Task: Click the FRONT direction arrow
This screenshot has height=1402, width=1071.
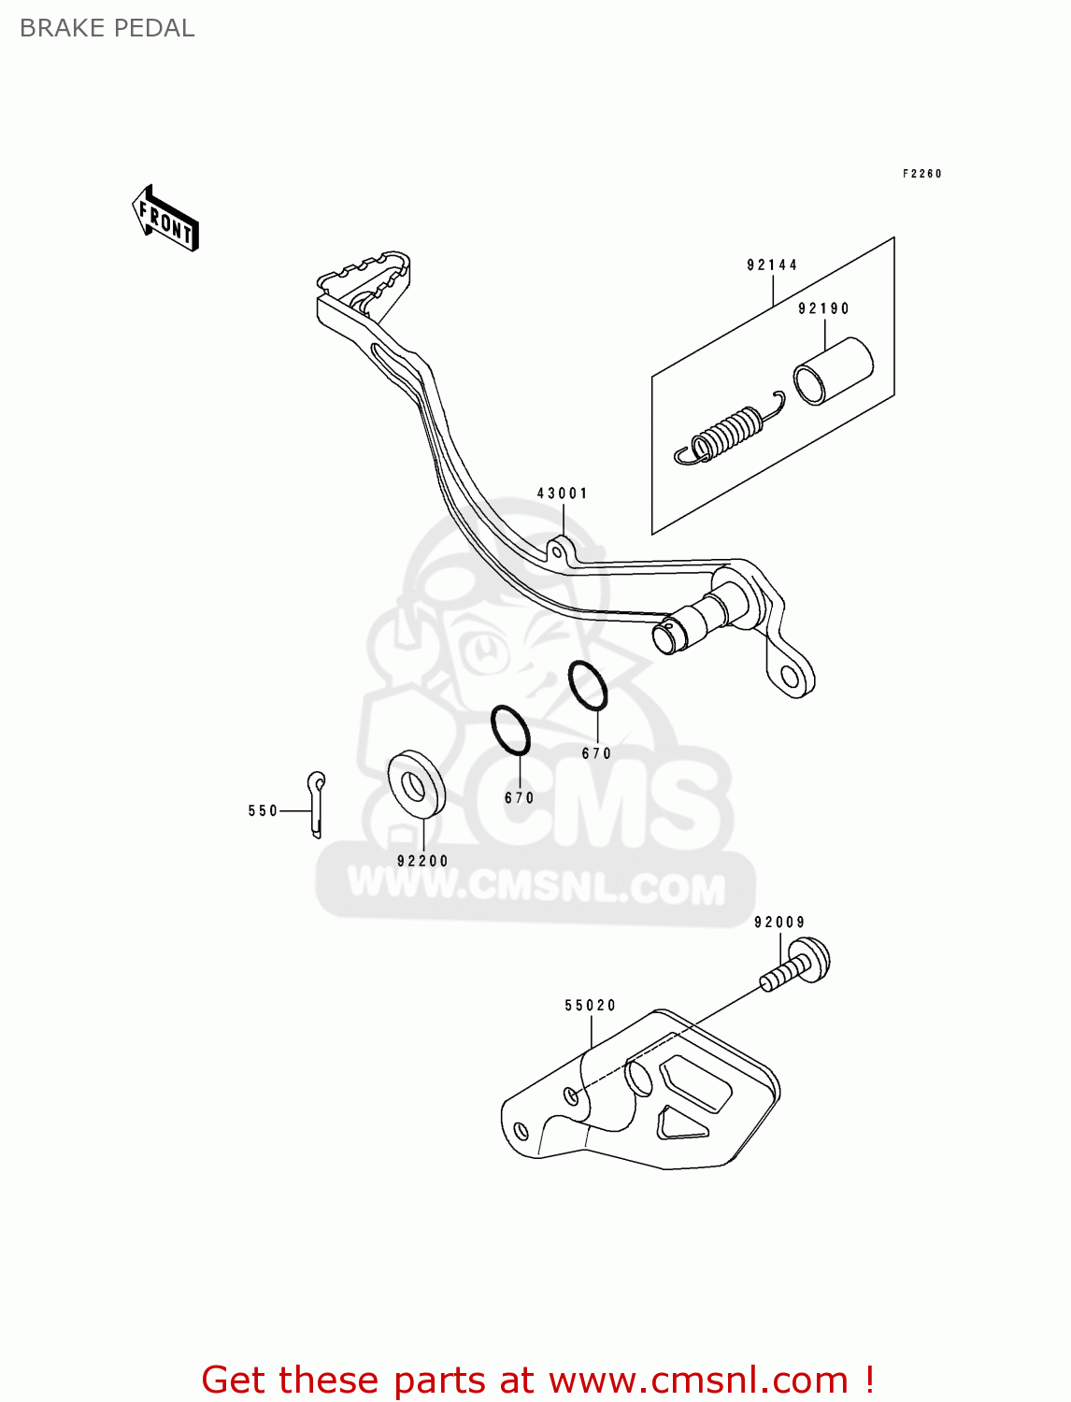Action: (x=166, y=219)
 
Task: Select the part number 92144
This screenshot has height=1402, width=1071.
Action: (x=772, y=265)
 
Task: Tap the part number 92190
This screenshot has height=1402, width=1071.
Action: (x=823, y=308)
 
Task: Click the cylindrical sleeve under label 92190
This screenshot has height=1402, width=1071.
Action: (x=832, y=372)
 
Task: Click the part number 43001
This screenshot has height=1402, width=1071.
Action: (x=562, y=494)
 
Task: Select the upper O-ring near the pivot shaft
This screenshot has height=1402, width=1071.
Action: (x=588, y=685)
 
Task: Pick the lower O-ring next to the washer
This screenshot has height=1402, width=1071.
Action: (x=510, y=730)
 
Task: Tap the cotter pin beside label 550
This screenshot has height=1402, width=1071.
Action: (x=317, y=803)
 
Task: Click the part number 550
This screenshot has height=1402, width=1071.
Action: (x=263, y=811)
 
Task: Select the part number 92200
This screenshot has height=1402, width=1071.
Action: (x=422, y=861)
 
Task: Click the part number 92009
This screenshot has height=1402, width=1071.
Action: (x=779, y=923)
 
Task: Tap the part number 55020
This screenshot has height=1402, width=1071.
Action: (x=591, y=1006)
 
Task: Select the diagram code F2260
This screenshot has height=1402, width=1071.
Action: (x=922, y=174)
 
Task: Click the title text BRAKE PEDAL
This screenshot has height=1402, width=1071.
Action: (x=107, y=28)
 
